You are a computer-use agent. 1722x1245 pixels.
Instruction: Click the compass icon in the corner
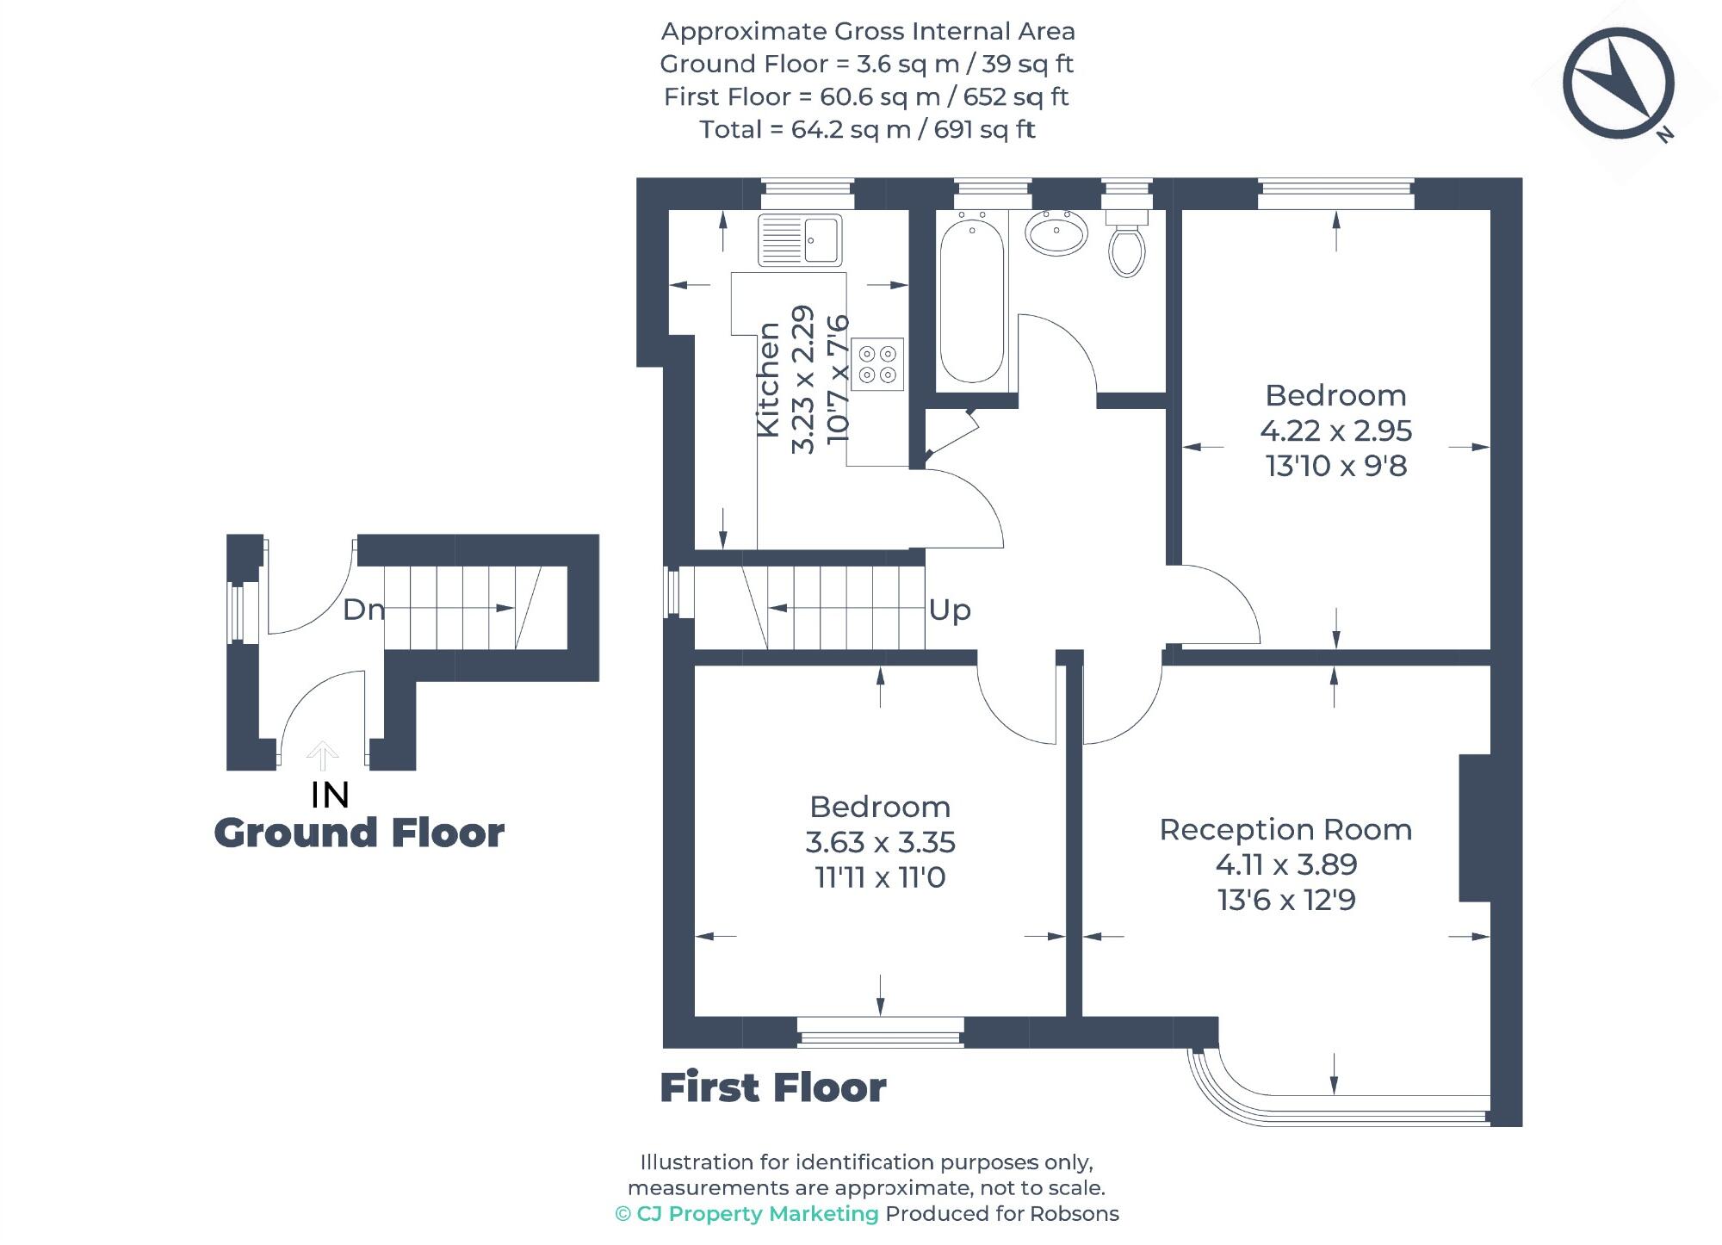[1618, 83]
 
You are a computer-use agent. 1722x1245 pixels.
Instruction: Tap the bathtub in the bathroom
[972, 300]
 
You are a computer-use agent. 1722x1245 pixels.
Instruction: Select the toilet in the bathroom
[1126, 245]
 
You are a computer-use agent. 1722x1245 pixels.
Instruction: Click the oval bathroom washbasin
[1056, 232]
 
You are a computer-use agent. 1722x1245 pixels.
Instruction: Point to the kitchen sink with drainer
[800, 239]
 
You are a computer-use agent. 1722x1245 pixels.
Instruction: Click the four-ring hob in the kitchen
[877, 364]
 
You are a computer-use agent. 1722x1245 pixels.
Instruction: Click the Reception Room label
[1285, 829]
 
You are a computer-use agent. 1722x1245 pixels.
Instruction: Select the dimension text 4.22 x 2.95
[1335, 430]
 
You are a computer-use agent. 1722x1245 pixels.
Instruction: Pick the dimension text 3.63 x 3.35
[880, 842]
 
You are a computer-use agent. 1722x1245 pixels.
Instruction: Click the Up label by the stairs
[950, 610]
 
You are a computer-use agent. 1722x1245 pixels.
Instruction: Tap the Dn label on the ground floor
[363, 610]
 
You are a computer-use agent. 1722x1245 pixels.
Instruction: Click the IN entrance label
[330, 795]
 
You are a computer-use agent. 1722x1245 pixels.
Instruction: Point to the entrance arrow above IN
[322, 755]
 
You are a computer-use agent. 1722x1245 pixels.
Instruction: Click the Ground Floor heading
[359, 833]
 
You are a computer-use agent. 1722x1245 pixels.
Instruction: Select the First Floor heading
[772, 1087]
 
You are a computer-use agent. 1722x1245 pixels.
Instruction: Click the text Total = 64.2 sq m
[867, 129]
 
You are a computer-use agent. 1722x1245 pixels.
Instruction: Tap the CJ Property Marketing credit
[747, 1214]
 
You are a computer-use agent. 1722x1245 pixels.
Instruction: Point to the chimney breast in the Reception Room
[1475, 828]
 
